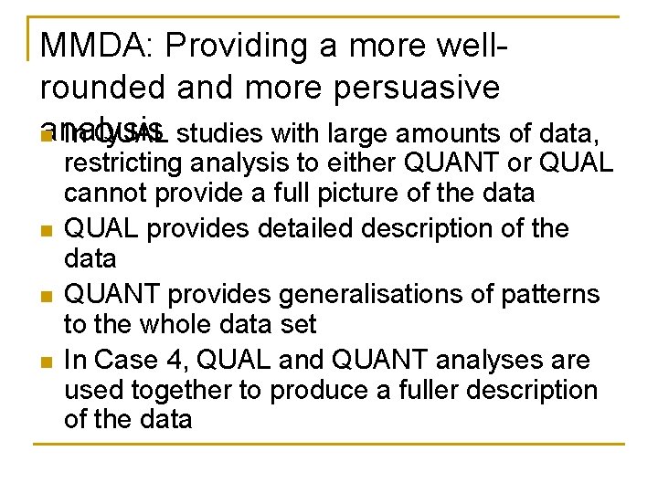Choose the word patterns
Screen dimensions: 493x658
coord(548,294)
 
